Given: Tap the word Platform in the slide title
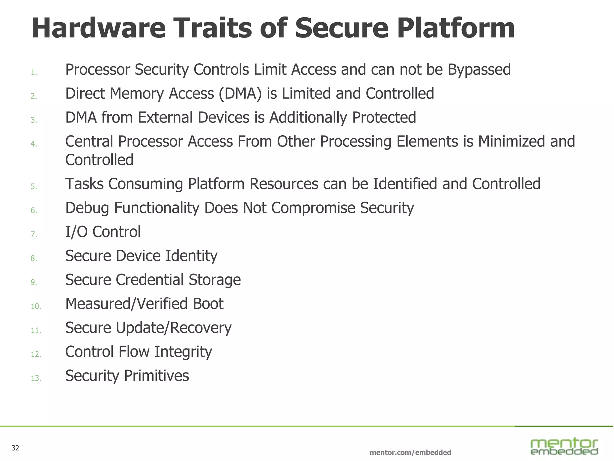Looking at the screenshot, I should [x=456, y=29].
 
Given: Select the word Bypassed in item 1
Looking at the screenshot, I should [x=479, y=70].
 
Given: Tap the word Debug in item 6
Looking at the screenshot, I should [x=87, y=208].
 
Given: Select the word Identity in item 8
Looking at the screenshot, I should [x=191, y=256].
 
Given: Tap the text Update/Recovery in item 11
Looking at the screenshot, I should [x=174, y=328].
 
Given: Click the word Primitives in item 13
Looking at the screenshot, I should [x=156, y=376].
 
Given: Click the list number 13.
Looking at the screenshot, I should [x=36, y=378].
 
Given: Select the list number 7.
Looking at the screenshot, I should [x=34, y=234].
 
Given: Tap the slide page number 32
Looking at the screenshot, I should [x=15, y=448].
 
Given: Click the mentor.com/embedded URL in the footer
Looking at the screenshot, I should [x=410, y=452].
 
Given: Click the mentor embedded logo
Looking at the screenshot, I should [x=564, y=447].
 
